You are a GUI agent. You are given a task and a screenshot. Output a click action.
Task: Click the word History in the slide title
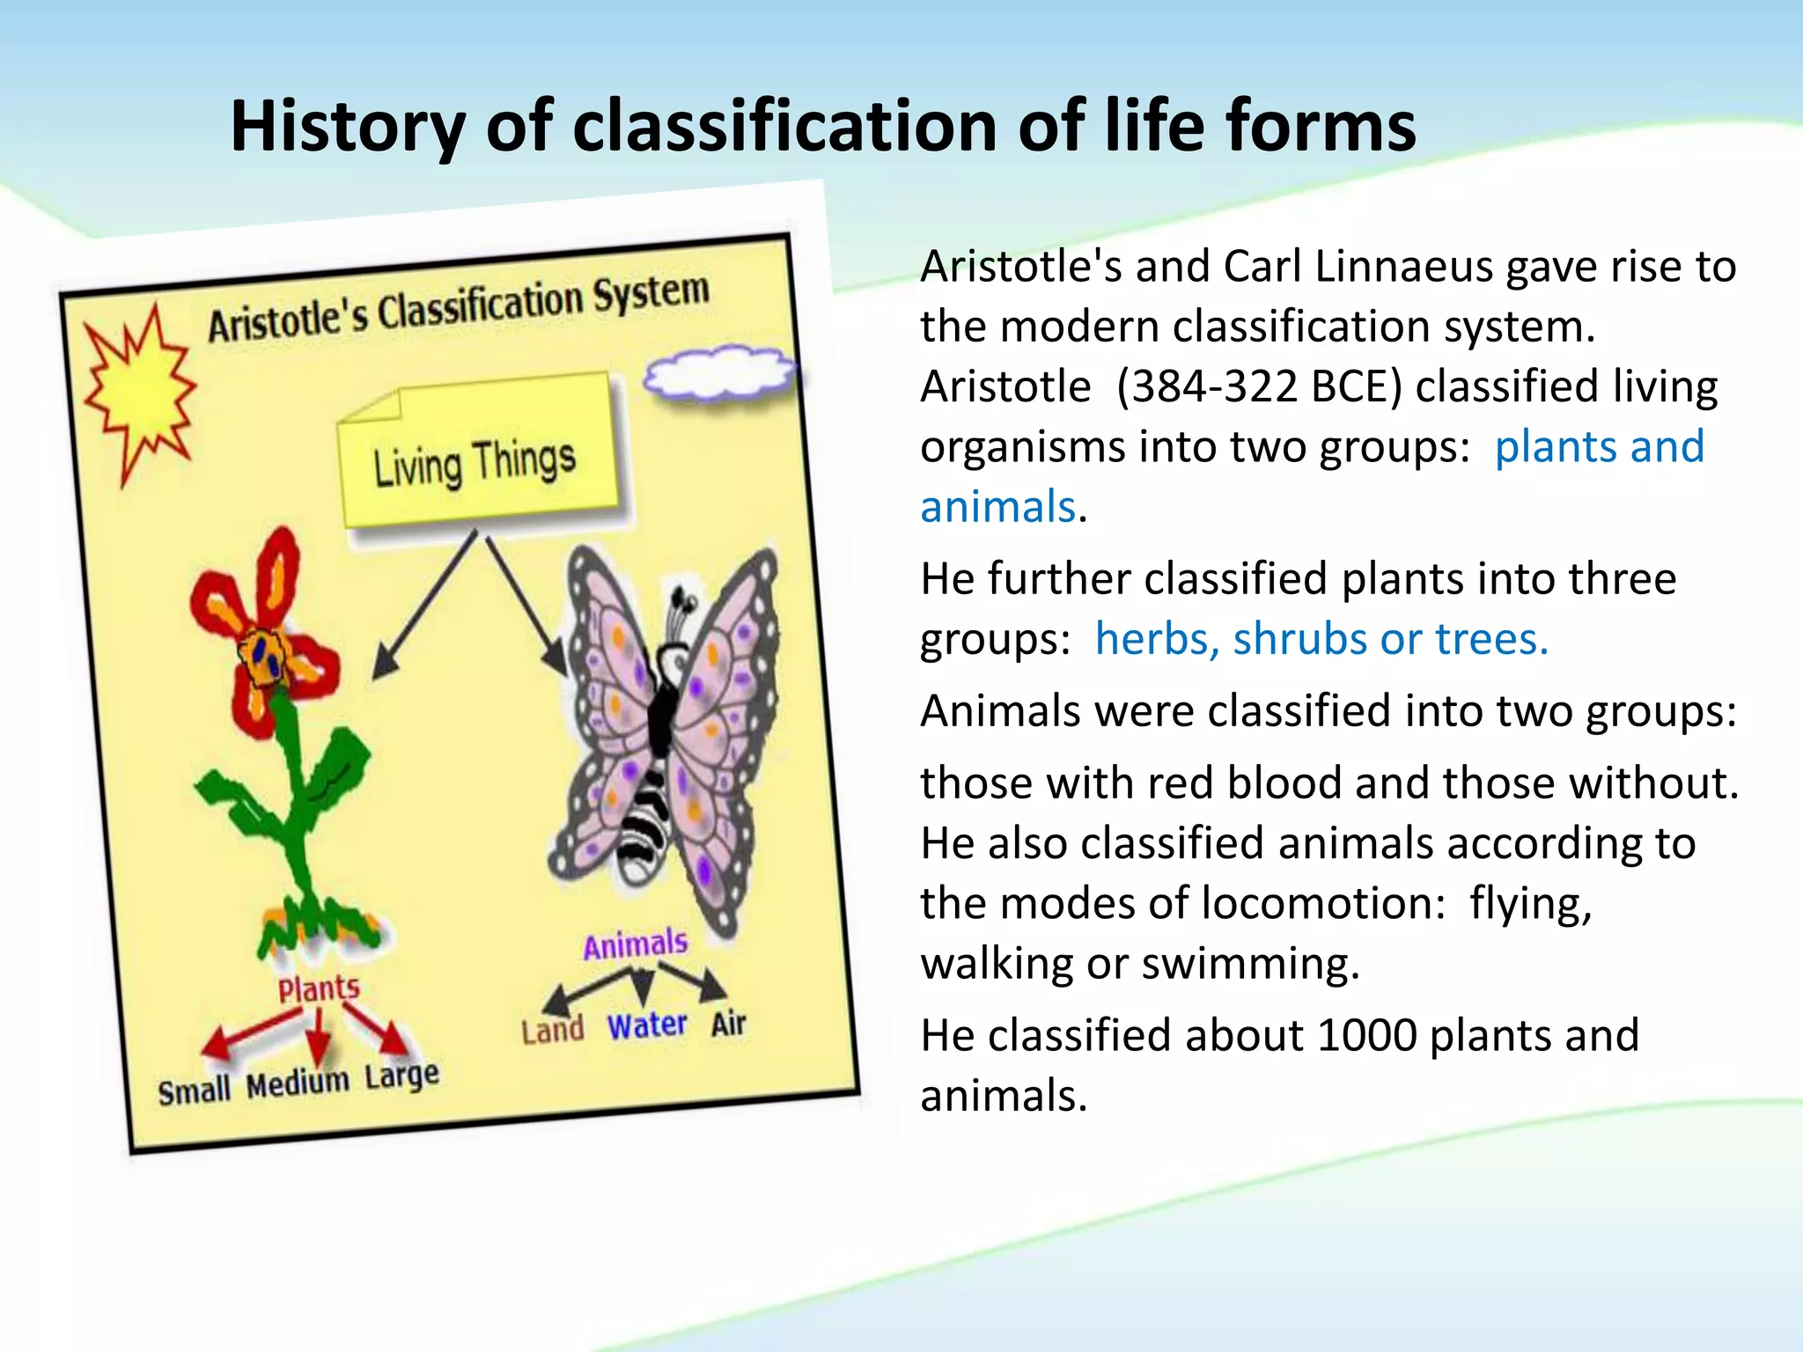pyautogui.click(x=347, y=126)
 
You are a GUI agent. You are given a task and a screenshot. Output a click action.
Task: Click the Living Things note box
pyautogui.click(x=476, y=458)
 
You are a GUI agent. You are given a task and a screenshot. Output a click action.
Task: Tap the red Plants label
pyautogui.click(x=319, y=988)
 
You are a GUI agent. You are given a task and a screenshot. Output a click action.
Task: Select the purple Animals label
pyautogui.click(x=635, y=944)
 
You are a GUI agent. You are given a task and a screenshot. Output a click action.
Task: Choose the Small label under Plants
pyautogui.click(x=194, y=1091)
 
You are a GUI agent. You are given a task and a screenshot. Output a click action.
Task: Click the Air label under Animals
pyautogui.click(x=728, y=1024)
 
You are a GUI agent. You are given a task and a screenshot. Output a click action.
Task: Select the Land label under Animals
pyautogui.click(x=552, y=1030)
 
